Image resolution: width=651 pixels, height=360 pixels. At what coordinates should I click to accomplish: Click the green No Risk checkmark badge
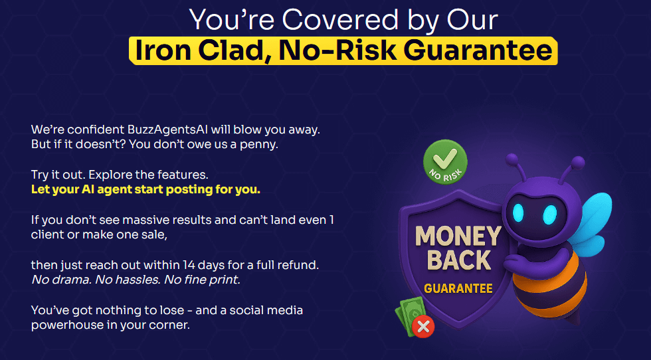click(x=445, y=162)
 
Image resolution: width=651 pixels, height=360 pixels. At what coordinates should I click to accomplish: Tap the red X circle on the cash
click(x=423, y=327)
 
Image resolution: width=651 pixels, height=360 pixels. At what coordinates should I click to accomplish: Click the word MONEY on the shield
click(x=458, y=236)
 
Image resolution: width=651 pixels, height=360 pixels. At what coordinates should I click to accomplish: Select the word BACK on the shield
click(x=459, y=260)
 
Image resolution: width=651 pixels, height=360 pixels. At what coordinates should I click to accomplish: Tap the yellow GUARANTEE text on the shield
click(x=458, y=288)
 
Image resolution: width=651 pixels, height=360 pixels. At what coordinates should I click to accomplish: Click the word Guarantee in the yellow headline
click(x=478, y=50)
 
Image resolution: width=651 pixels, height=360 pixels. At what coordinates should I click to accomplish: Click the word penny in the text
click(x=258, y=145)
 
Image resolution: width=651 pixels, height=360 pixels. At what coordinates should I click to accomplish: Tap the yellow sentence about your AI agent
click(x=145, y=190)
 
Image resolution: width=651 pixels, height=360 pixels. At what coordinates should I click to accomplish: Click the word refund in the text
click(x=300, y=265)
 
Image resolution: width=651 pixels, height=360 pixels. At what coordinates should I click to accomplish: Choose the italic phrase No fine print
click(x=202, y=280)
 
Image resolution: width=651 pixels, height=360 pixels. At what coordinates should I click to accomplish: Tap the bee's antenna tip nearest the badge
click(x=512, y=159)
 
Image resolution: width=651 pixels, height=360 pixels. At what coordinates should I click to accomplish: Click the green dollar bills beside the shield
click(x=410, y=315)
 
